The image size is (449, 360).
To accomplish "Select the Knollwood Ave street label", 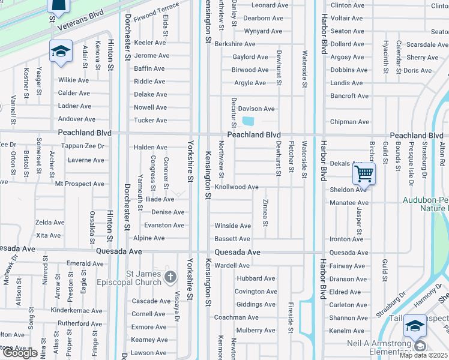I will (x=237, y=187).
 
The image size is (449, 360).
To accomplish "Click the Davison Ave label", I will (x=256, y=109).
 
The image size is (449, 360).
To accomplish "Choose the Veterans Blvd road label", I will (x=80, y=20).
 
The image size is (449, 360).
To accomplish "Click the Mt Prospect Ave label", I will (x=79, y=184).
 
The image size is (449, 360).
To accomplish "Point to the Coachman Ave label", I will (x=237, y=317).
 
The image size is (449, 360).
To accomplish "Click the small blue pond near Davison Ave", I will (x=247, y=121).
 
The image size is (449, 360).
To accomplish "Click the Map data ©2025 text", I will (x=423, y=355).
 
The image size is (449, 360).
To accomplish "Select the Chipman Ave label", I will (x=350, y=122).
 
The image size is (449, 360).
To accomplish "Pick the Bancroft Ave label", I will (x=349, y=96).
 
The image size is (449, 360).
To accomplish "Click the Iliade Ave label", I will (x=159, y=199).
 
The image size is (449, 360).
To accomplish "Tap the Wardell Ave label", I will (x=232, y=265).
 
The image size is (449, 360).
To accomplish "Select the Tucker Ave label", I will (x=150, y=121).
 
